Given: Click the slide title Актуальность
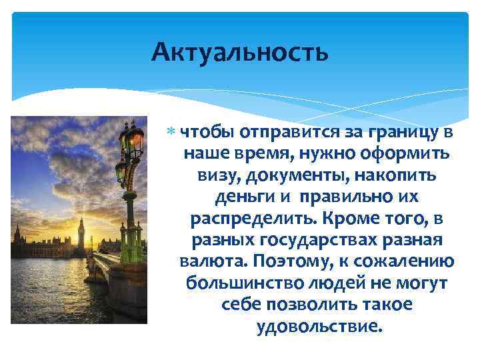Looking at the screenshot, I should (x=239, y=51).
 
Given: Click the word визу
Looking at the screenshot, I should (x=215, y=176).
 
